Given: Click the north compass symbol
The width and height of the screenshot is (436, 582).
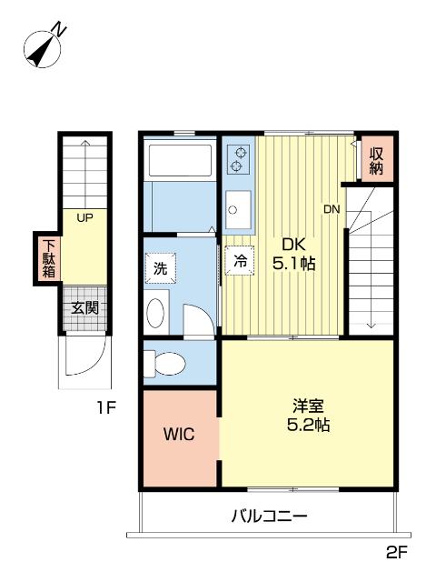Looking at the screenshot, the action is click(x=44, y=48).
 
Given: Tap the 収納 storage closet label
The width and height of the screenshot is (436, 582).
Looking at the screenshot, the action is click(x=376, y=161).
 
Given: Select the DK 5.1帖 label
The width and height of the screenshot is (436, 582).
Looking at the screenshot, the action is click(x=294, y=255).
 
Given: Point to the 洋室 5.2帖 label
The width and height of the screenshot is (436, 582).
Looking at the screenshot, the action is click(x=309, y=416).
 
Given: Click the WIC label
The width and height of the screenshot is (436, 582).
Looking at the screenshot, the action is click(x=179, y=434).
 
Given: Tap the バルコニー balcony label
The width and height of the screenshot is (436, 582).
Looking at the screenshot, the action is click(x=270, y=517).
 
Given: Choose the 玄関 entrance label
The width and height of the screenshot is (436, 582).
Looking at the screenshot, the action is click(x=84, y=307).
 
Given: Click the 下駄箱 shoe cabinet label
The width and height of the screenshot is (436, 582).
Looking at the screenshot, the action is click(x=48, y=258).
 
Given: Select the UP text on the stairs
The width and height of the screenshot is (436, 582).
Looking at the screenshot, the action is click(x=84, y=218).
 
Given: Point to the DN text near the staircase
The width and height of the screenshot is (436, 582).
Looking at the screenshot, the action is click(x=332, y=209).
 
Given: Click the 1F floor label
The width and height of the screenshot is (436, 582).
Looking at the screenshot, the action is click(x=107, y=408).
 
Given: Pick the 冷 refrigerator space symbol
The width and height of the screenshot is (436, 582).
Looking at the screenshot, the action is click(x=240, y=261).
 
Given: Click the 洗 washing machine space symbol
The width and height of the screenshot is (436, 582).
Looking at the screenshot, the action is click(x=160, y=268).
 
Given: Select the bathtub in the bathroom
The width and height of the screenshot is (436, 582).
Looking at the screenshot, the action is click(x=180, y=160).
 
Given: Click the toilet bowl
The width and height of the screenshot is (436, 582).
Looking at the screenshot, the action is click(x=165, y=364).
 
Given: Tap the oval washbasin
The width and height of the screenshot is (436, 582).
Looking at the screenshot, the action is click(x=155, y=313).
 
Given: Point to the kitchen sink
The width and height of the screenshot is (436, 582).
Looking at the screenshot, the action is click(x=238, y=210).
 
